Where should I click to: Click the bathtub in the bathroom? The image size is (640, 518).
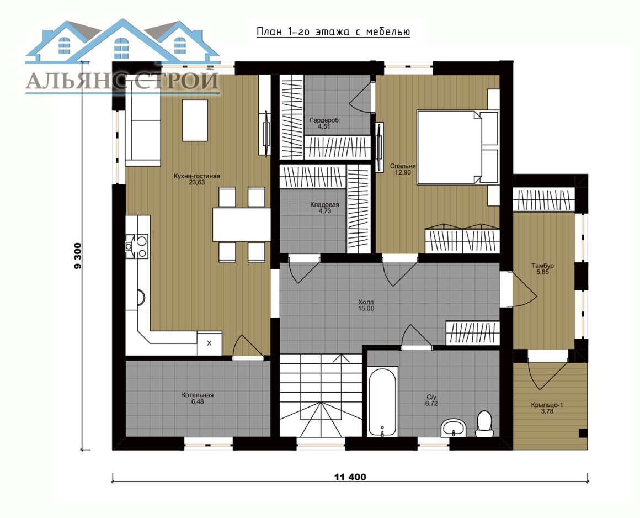coord(382,401)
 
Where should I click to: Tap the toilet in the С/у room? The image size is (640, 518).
coord(484,424)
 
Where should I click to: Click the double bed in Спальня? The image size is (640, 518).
coord(457,147)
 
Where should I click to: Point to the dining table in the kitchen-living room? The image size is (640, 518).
coord(241,224)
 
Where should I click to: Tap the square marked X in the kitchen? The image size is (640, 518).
coord(210,343)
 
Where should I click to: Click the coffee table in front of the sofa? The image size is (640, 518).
coord(195,120)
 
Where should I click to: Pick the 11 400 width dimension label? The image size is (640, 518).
coord(350,477)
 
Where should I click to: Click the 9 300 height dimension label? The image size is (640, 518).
coord(78,256)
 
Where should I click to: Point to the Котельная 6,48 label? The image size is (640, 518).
coord(198,398)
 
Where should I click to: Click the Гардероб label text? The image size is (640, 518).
coord(324,120)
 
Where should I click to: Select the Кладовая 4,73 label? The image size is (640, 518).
coord(324,208)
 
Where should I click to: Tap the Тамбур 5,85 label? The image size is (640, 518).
coord(542,269)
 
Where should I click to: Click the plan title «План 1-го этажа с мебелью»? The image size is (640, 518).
coord(333,32)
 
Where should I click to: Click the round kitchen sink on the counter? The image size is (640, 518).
coord(141,298)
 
